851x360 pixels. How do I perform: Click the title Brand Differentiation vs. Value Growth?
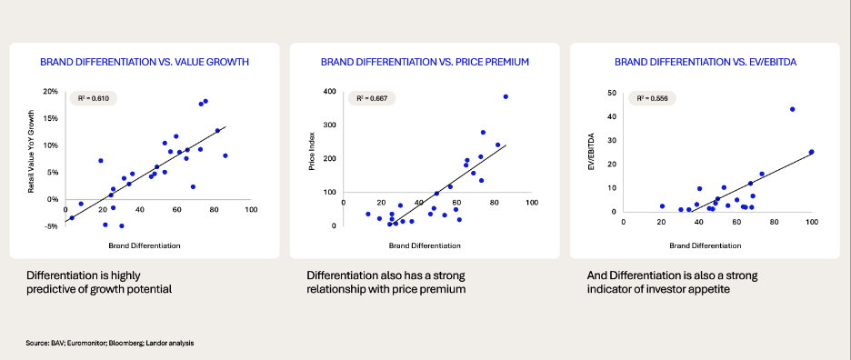coord(145,63)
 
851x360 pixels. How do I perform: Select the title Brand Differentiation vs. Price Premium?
coord(425,63)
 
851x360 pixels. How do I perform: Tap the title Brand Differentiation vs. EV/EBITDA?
coord(706,63)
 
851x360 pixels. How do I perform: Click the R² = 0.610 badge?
coord(94,98)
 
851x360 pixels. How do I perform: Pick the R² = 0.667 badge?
coord(372,98)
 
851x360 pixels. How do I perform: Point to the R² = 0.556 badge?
coord(652,98)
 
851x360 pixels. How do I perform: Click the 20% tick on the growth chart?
coord(51,92)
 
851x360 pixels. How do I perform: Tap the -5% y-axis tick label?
coord(52,226)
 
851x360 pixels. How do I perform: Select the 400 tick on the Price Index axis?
coord(330,93)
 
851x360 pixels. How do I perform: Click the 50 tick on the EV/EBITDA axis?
coord(613,94)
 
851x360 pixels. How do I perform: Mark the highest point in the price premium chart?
coord(506,96)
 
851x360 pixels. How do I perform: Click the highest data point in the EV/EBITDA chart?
coord(793,109)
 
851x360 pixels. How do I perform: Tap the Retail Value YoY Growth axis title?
coord(31,153)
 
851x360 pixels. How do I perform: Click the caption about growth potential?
coord(99,283)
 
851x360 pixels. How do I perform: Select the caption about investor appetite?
coord(673,283)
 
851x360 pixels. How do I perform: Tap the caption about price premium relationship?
coord(386,283)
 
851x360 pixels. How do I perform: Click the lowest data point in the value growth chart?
coord(122,225)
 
